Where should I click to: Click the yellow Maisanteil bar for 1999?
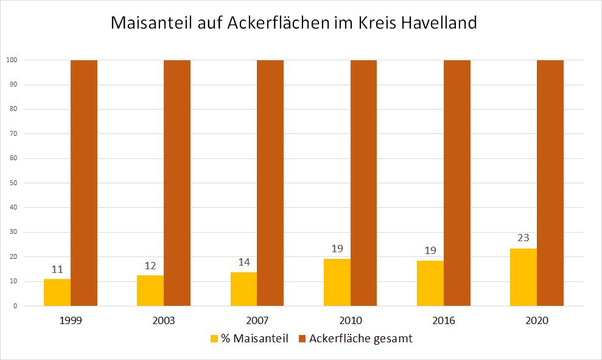[x=57, y=292]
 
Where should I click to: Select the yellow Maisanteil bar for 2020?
[x=523, y=277]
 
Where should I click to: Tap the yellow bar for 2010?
[x=337, y=283]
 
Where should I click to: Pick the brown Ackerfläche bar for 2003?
[x=177, y=183]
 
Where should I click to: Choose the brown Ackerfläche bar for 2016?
[x=457, y=183]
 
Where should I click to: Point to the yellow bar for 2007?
[x=243, y=289]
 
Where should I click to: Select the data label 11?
[x=57, y=269]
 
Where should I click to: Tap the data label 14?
[x=243, y=262]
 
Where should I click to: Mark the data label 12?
[x=150, y=266]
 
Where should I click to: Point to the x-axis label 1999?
[x=71, y=320]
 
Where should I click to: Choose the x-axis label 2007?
[x=257, y=320]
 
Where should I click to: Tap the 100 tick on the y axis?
[x=11, y=60]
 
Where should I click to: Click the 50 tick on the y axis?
[x=12, y=183]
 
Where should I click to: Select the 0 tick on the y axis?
[x=14, y=306]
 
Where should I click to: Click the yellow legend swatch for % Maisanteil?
[x=214, y=339]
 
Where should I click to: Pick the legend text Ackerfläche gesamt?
[x=360, y=339]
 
